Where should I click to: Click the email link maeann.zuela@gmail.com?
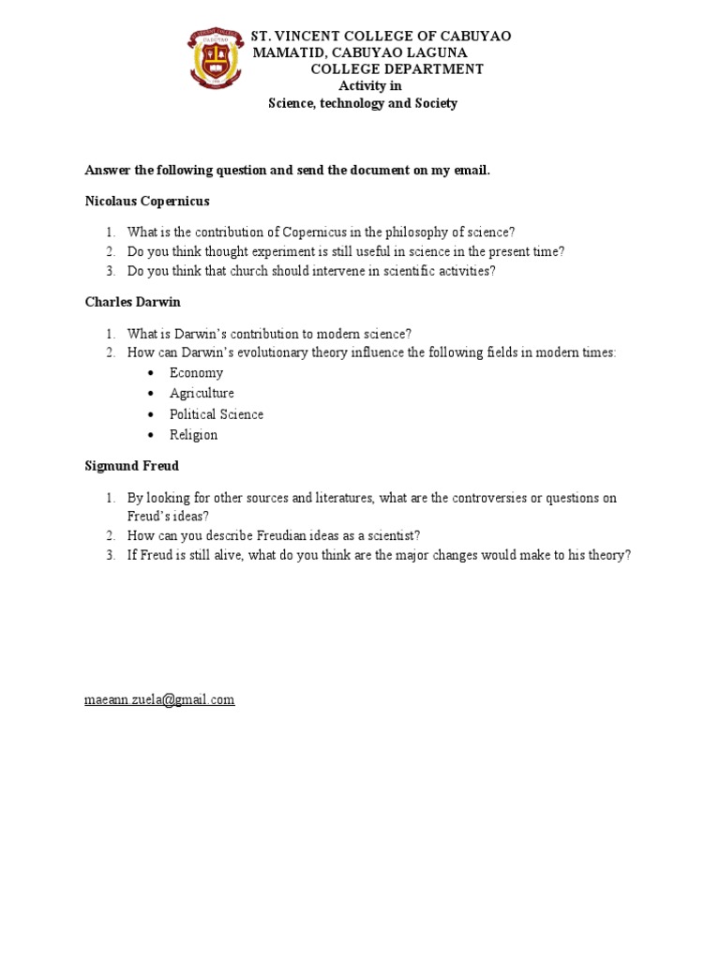(159, 699)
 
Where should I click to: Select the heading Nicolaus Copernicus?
(147, 201)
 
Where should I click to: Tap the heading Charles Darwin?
(132, 303)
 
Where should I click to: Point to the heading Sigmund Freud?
(131, 465)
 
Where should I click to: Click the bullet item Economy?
(196, 373)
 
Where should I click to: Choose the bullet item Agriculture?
(202, 394)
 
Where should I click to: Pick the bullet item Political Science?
(216, 414)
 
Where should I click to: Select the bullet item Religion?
(193, 435)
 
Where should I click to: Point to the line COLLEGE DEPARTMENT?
(397, 69)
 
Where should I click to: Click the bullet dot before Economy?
(150, 373)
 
